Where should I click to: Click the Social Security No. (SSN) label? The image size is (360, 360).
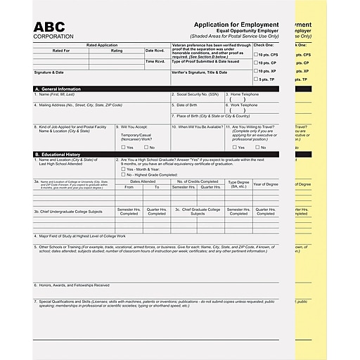[x=195, y=94]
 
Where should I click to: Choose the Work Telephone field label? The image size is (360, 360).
[x=243, y=105]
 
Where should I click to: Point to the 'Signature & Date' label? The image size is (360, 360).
[x=49, y=72]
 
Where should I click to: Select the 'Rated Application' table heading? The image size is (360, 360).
[x=102, y=44]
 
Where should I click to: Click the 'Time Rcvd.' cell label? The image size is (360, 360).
[x=155, y=61]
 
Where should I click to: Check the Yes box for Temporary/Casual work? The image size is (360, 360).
[x=122, y=147]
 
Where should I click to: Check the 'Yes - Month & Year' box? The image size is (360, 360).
[x=121, y=169]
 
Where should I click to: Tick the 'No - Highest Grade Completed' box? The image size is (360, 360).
[x=121, y=174]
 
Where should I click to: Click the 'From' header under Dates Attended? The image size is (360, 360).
[x=129, y=187]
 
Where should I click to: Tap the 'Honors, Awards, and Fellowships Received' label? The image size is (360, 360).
[x=72, y=285]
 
